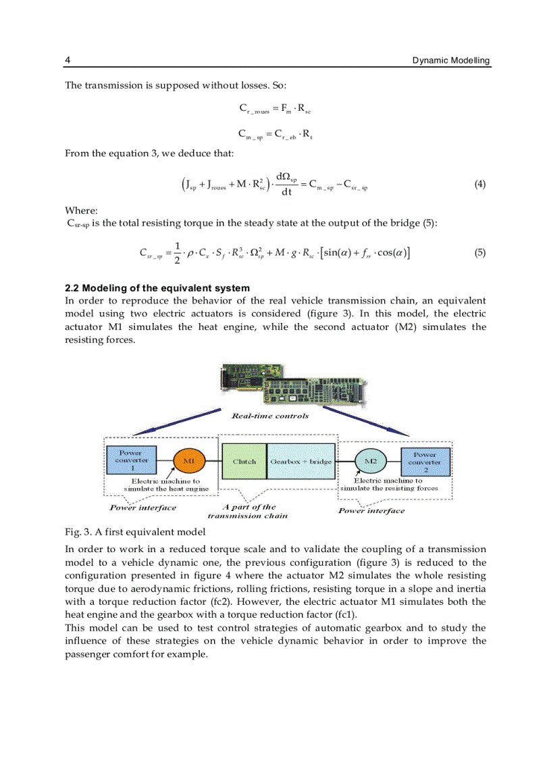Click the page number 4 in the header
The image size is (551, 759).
(68, 61)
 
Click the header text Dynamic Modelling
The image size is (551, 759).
(451, 61)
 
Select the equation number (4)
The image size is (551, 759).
(479, 184)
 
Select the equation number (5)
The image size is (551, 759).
(479, 253)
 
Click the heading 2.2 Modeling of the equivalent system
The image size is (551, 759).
(157, 288)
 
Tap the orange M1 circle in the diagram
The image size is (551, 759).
(189, 461)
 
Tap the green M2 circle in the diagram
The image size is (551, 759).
(370, 461)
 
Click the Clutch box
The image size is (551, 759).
(244, 462)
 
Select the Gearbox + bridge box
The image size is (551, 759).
(301, 462)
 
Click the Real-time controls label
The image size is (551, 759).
(269, 416)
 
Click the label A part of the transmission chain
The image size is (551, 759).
(248, 511)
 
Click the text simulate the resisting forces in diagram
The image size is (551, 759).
(389, 488)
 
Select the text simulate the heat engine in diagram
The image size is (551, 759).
(166, 489)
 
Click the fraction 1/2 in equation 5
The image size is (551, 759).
(177, 253)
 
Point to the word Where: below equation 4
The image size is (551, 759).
(82, 210)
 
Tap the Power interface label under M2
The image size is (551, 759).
(371, 511)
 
